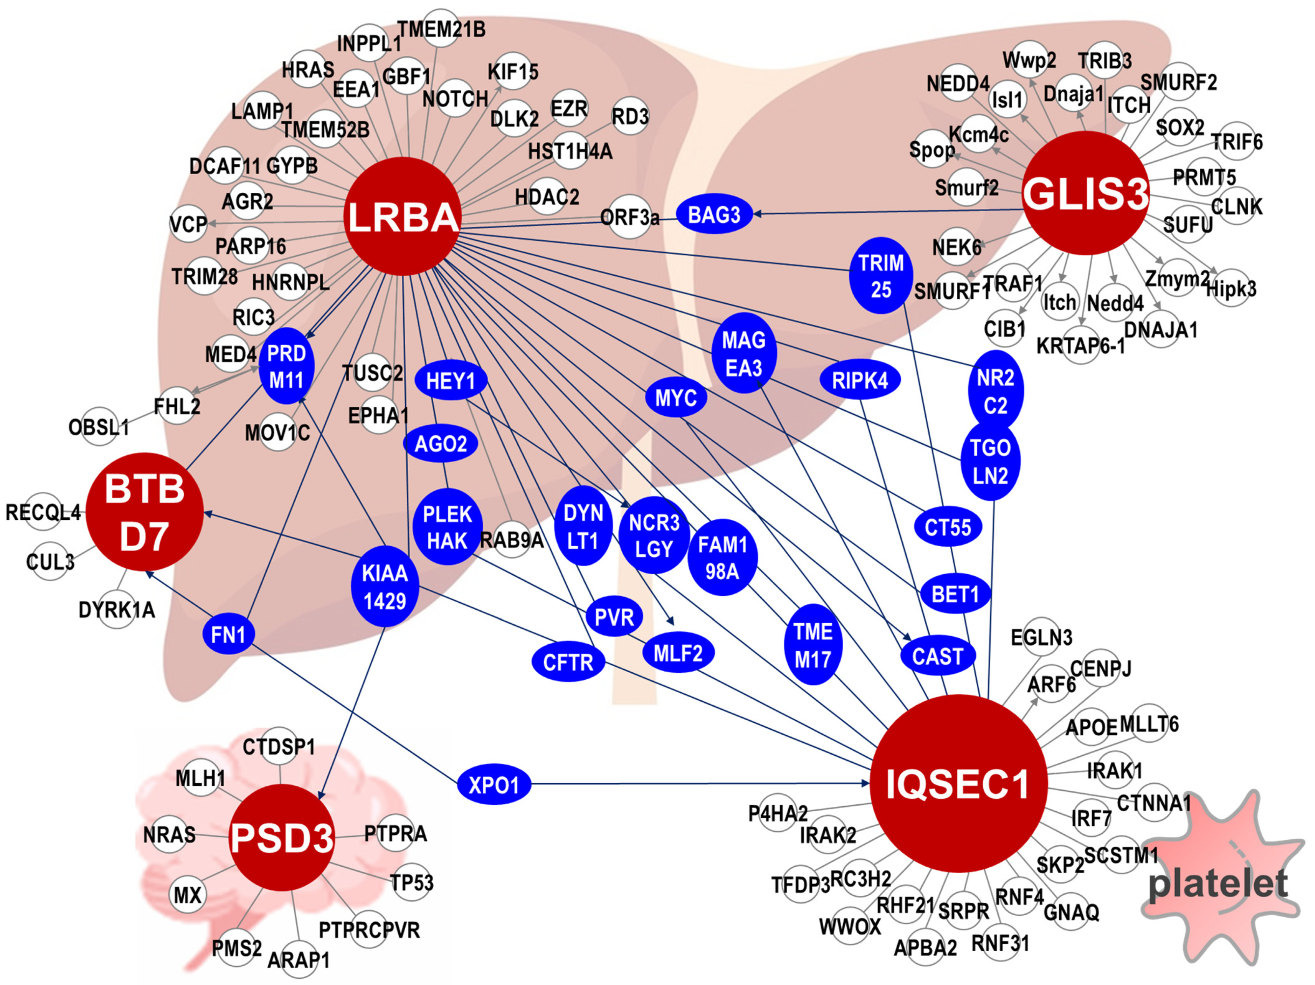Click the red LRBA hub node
point(403,216)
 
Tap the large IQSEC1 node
point(958,783)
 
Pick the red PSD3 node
point(282,837)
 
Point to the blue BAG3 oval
point(714,214)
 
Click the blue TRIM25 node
point(881,276)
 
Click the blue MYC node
point(676,397)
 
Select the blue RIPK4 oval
point(860,379)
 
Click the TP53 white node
point(411,882)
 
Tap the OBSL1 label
point(99,426)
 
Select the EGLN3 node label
point(1042,637)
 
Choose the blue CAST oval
point(937,656)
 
